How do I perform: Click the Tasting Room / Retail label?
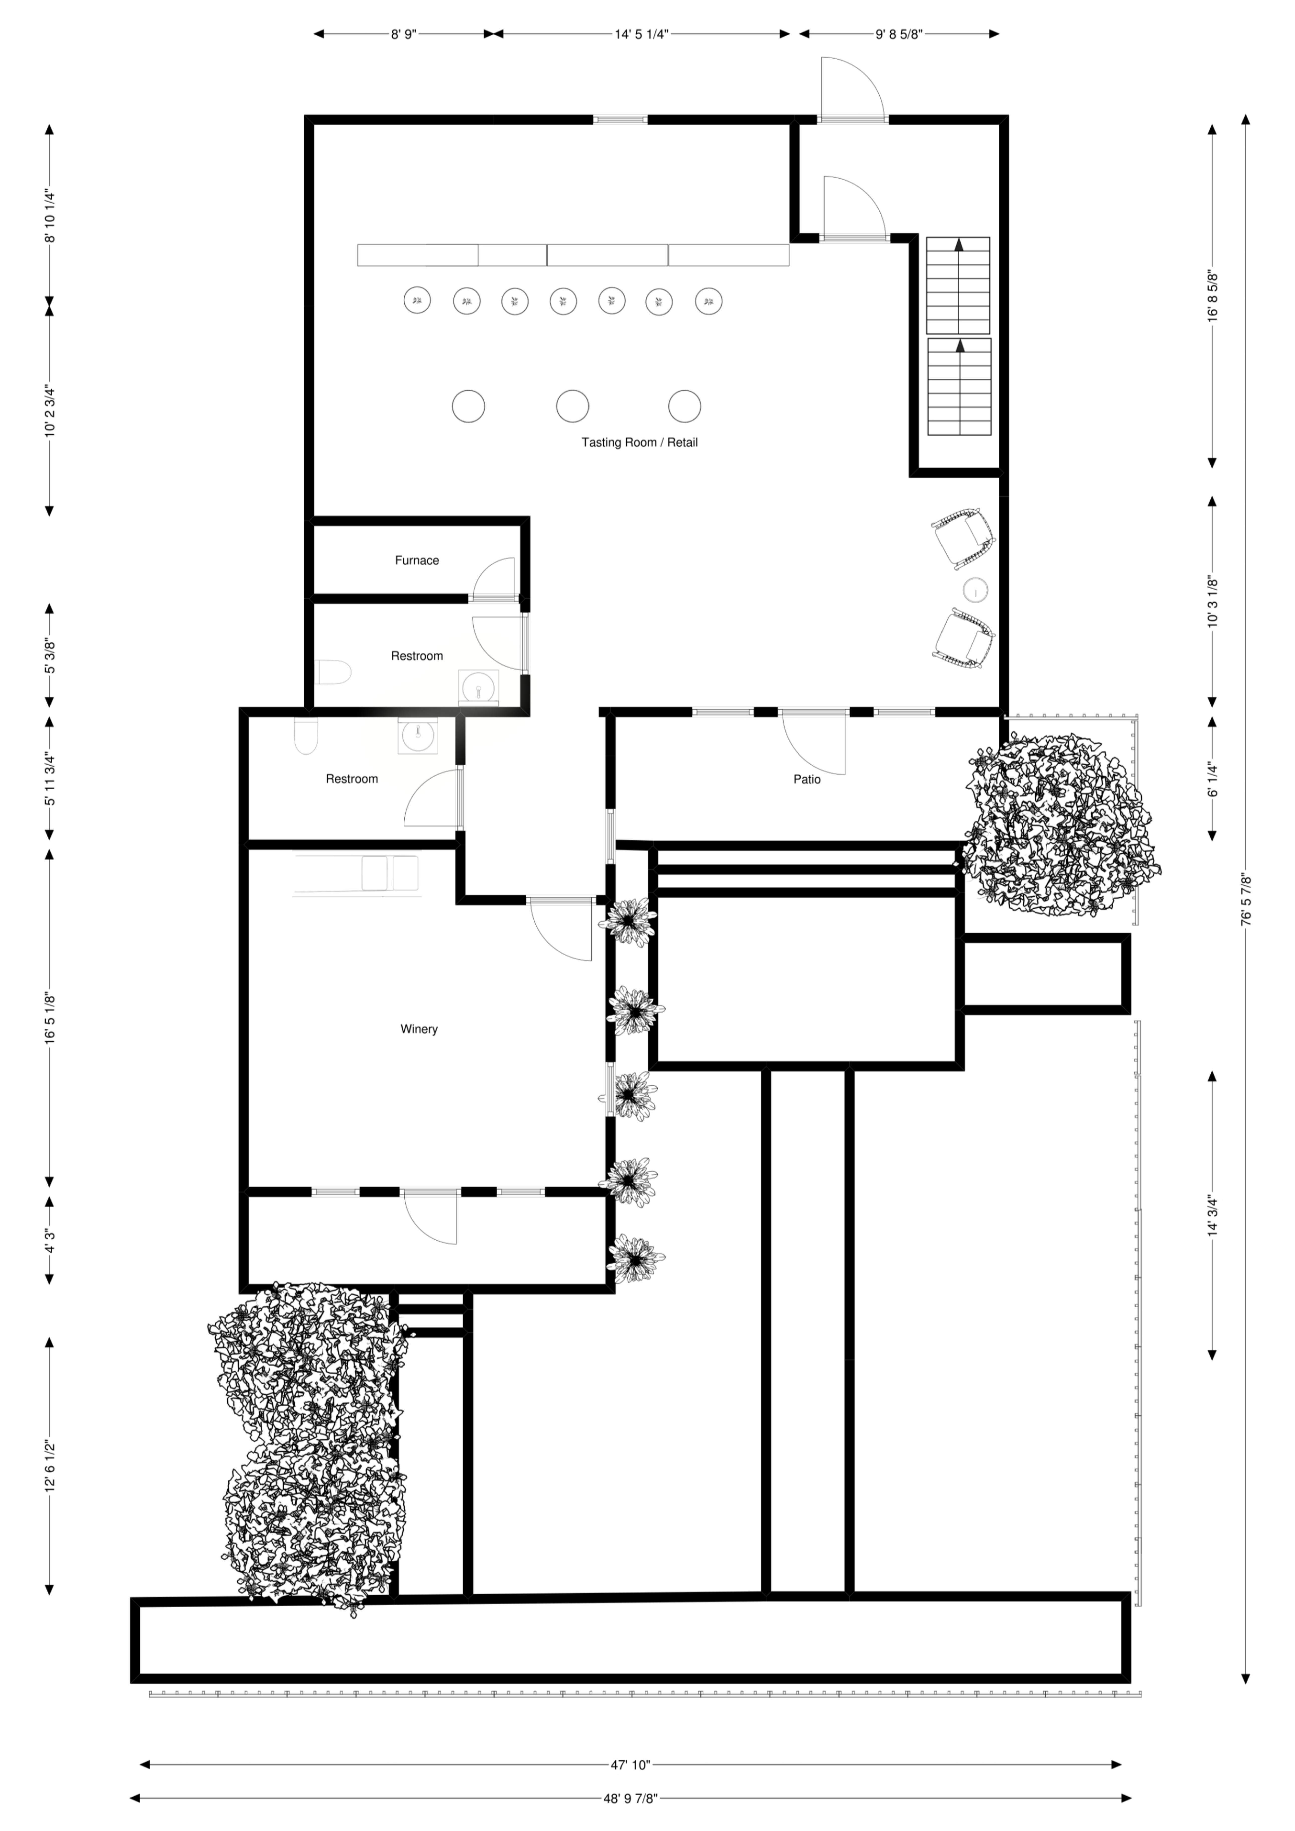coord(640,443)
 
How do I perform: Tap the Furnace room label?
coord(417,561)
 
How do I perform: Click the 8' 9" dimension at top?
coord(404,34)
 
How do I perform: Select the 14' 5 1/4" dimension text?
coord(641,34)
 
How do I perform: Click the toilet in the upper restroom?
coord(333,672)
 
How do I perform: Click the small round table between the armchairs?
coord(976,590)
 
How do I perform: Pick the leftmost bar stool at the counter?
coord(417,301)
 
